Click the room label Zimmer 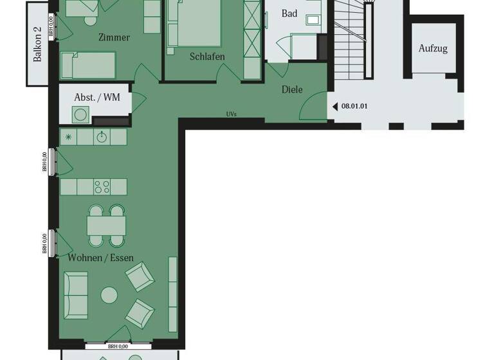tap(114, 37)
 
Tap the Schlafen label tap(207, 57)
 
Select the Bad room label tap(289, 14)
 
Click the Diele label tap(292, 90)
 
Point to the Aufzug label tap(433, 49)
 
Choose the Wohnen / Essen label tap(101, 258)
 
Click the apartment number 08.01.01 tap(354, 107)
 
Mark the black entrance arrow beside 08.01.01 tap(334, 107)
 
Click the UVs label tap(232, 114)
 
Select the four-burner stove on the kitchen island tap(102, 186)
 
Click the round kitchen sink tap(101, 137)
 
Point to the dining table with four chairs tap(106, 225)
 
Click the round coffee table tap(109, 295)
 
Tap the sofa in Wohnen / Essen tap(75, 295)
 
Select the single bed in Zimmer tap(88, 66)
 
